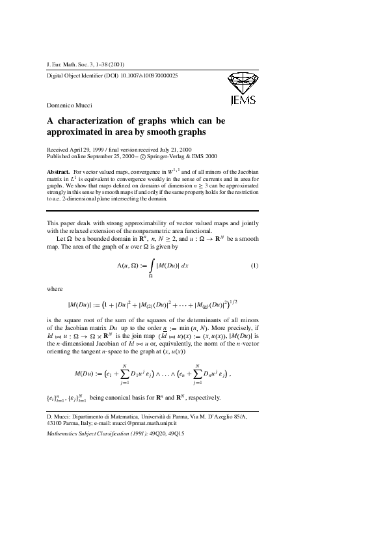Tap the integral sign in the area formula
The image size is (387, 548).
tap(151, 266)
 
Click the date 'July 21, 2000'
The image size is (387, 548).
tap(185, 150)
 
